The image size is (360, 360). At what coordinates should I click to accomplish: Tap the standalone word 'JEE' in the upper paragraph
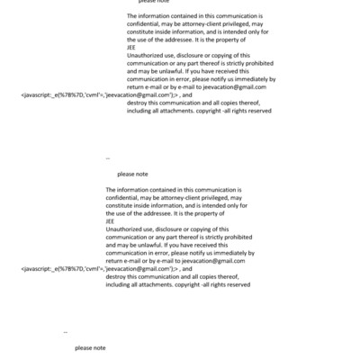(132, 48)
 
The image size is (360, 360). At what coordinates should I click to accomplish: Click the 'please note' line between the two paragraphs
(132, 174)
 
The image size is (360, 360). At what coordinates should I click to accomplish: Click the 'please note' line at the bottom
(90, 347)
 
